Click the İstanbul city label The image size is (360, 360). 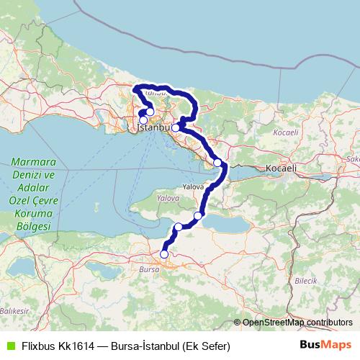point(153,127)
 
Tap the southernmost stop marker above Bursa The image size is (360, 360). point(164,253)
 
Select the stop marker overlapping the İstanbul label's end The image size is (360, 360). point(176,127)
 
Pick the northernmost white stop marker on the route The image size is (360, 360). point(149,112)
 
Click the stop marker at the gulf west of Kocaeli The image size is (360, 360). point(217,163)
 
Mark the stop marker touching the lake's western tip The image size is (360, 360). point(198,215)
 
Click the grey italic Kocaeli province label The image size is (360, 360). point(286,134)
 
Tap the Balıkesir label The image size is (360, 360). point(13,310)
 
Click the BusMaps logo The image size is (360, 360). point(325,346)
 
